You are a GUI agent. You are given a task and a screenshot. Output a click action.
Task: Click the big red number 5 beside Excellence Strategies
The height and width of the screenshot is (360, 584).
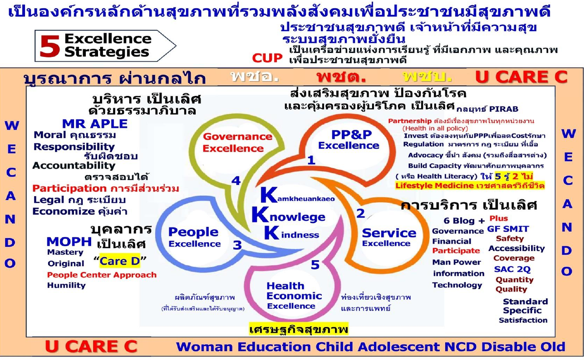tap(50, 46)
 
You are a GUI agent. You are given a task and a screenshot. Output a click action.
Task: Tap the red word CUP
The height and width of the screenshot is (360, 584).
tap(267, 58)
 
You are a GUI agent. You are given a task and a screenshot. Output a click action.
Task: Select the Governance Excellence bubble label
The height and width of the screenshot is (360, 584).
tap(237, 142)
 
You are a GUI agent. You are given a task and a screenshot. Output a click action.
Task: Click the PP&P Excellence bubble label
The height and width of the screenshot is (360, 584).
tap(349, 140)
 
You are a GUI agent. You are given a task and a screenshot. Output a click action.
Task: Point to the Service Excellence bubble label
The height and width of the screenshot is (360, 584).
tap(389, 237)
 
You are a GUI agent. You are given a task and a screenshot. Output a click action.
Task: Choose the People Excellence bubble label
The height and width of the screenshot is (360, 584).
tap(194, 237)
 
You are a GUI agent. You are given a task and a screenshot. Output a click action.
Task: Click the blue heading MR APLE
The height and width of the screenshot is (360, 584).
tap(95, 124)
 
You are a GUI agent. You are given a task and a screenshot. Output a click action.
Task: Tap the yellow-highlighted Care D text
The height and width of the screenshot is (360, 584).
tap(120, 261)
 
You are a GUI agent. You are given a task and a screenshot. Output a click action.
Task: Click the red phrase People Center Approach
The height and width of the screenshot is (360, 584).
tap(102, 275)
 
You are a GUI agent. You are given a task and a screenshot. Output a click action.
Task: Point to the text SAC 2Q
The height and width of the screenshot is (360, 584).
tap(512, 269)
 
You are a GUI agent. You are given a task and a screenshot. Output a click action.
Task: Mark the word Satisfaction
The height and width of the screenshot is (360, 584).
tap(523, 320)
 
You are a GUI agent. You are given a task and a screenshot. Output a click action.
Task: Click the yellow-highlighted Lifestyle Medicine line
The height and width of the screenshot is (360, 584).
tap(470, 186)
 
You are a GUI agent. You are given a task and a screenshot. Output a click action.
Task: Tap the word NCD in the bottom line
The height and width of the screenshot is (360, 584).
tap(460, 347)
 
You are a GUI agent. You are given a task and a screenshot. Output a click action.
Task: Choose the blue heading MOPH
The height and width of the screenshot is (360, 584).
tap(69, 242)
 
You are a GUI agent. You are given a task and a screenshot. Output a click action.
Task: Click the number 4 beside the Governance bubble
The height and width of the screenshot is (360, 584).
tap(236, 181)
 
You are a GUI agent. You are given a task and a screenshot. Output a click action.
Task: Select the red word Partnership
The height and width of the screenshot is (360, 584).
tap(410, 121)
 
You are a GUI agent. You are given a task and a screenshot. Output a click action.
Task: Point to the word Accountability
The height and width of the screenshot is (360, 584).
tap(74, 166)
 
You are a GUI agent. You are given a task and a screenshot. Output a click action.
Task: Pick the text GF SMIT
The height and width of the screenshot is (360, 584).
tap(508, 229)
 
